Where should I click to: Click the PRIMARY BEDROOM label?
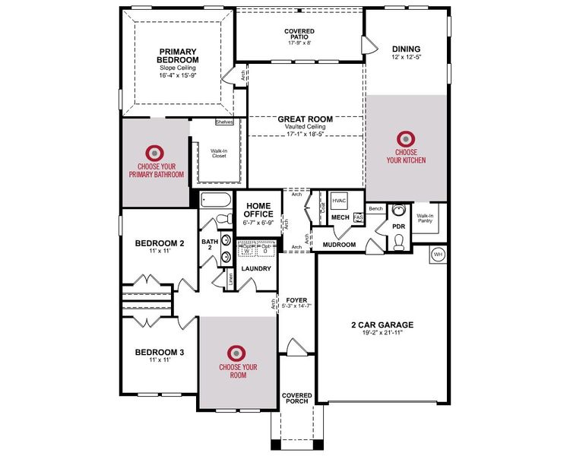pyautogui.click(x=178, y=55)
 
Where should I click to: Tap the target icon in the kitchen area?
pyautogui.click(x=406, y=139)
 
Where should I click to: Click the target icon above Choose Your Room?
pyautogui.click(x=238, y=352)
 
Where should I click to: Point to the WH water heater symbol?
pyautogui.click(x=438, y=254)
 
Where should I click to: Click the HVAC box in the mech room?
pyautogui.click(x=339, y=201)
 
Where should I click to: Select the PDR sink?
pyautogui.click(x=398, y=212)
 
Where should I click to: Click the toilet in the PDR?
pyautogui.click(x=399, y=242)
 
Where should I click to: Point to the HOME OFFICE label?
pyautogui.click(x=258, y=210)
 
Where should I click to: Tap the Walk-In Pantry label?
pyautogui.click(x=425, y=220)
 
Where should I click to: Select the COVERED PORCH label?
pyautogui.click(x=296, y=398)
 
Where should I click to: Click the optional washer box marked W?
pyautogui.click(x=247, y=250)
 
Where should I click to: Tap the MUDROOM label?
pyautogui.click(x=339, y=245)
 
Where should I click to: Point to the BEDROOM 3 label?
pyautogui.click(x=159, y=352)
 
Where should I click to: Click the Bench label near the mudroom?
pyautogui.click(x=375, y=207)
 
